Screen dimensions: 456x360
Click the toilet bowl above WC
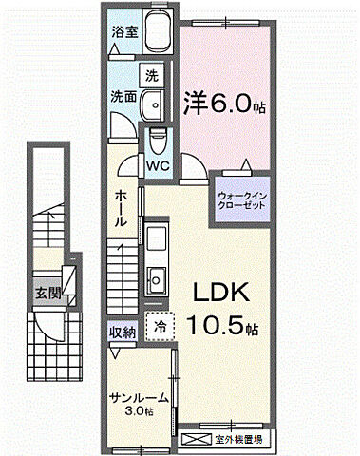(x=158, y=141)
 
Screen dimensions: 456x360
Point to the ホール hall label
(x=122, y=207)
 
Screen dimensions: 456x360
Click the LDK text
(x=224, y=292)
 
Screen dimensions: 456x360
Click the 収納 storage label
(x=122, y=332)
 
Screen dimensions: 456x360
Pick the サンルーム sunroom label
(x=139, y=396)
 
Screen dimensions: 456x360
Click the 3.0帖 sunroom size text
(x=140, y=412)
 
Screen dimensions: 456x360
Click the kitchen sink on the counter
(x=156, y=279)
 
